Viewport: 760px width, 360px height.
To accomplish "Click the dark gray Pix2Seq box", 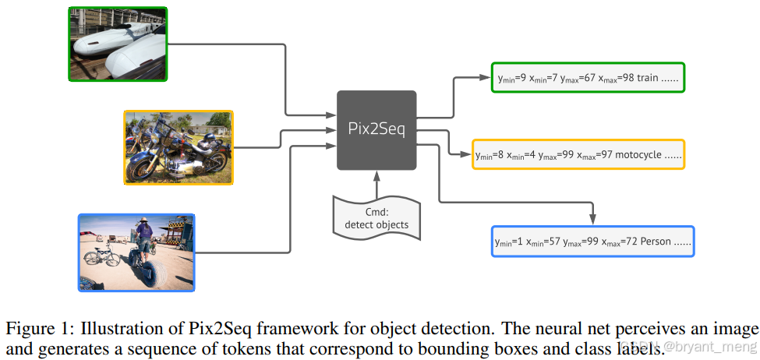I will (376, 129).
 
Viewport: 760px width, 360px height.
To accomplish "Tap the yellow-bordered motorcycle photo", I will (179, 147).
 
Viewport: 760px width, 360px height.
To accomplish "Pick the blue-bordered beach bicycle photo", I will (136, 252).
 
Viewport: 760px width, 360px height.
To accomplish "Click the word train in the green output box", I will (648, 79).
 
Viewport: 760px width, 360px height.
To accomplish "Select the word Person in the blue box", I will (656, 242).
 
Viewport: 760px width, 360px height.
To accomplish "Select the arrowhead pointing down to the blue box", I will (592, 218).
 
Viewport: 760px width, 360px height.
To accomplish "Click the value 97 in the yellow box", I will (603, 156).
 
